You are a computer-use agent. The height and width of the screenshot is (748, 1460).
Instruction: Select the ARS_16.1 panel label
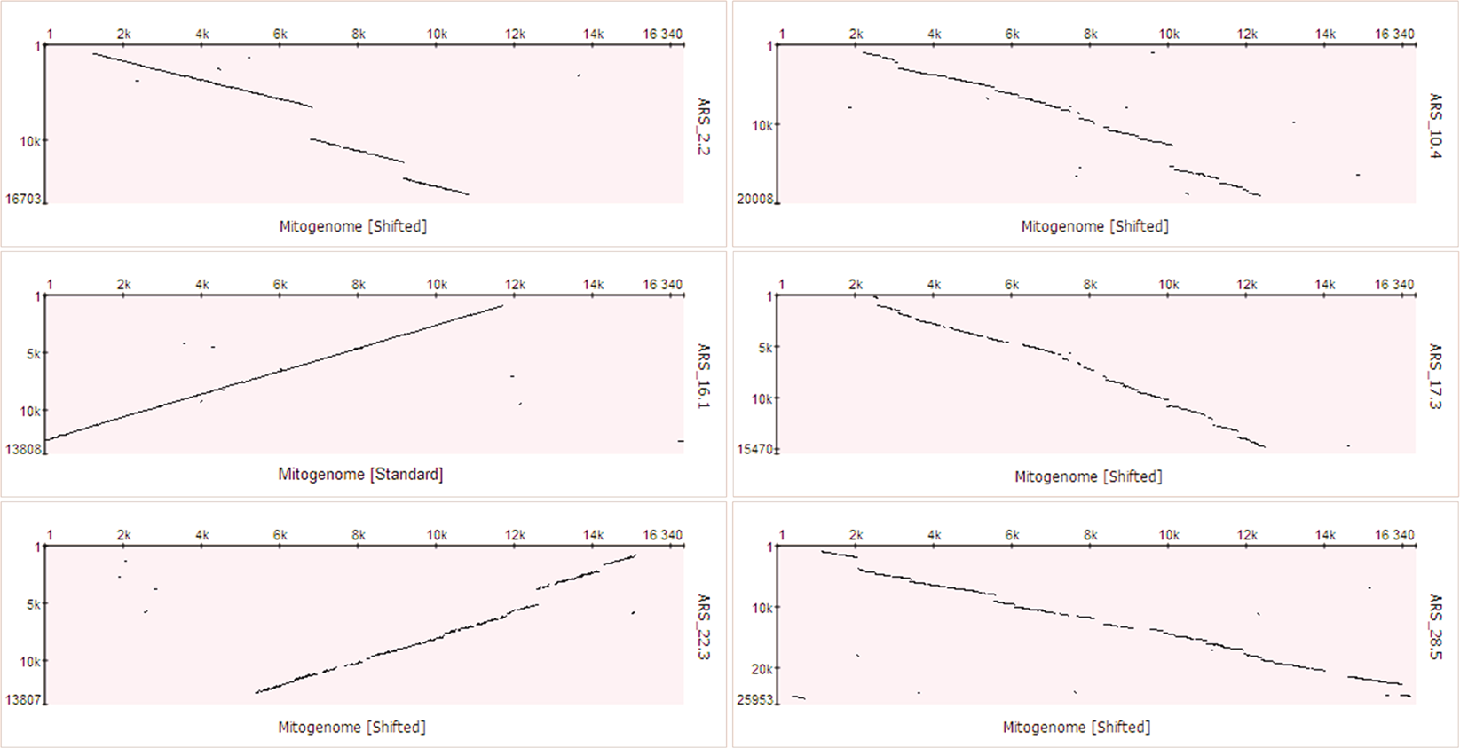(704, 375)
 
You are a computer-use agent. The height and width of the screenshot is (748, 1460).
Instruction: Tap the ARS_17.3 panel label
(1435, 375)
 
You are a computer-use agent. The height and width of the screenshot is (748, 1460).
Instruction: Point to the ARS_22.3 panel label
(704, 626)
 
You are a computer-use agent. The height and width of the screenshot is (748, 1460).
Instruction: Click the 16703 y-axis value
(22, 199)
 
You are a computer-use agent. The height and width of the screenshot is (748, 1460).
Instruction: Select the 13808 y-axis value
(22, 449)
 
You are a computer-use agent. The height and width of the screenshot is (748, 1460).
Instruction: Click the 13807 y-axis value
(22, 700)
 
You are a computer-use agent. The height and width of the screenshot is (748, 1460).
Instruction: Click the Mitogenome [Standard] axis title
(360, 475)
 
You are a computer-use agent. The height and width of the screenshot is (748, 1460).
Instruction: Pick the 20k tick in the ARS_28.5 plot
(762, 669)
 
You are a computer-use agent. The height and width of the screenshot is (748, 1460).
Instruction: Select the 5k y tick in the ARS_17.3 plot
(764, 348)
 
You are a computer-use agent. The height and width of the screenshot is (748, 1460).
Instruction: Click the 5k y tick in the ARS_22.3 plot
(33, 604)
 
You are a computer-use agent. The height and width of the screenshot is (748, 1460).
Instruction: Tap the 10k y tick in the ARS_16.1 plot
(29, 411)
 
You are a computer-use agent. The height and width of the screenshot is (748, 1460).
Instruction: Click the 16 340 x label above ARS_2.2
(662, 35)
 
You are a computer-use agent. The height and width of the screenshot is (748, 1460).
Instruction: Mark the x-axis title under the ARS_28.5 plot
(1077, 727)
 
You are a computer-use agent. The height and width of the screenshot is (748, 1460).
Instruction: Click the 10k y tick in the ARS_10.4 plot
(762, 126)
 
